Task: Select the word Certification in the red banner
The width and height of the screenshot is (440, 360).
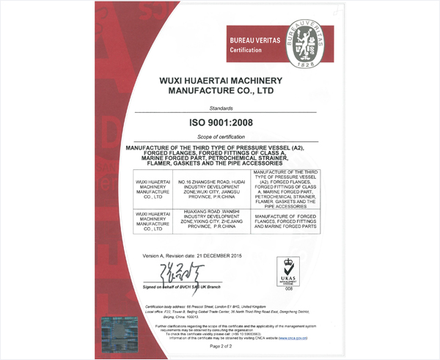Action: [246, 49]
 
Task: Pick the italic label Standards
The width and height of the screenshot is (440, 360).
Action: [221, 107]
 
